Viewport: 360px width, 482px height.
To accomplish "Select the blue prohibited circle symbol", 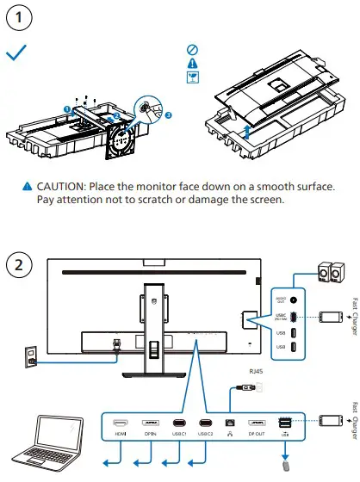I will tap(192, 50).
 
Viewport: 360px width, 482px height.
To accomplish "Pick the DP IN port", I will tap(150, 423).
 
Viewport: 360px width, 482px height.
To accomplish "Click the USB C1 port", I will tap(178, 423).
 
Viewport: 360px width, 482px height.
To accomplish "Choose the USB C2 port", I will tap(206, 423).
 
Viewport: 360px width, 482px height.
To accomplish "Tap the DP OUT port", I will tap(256, 423).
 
